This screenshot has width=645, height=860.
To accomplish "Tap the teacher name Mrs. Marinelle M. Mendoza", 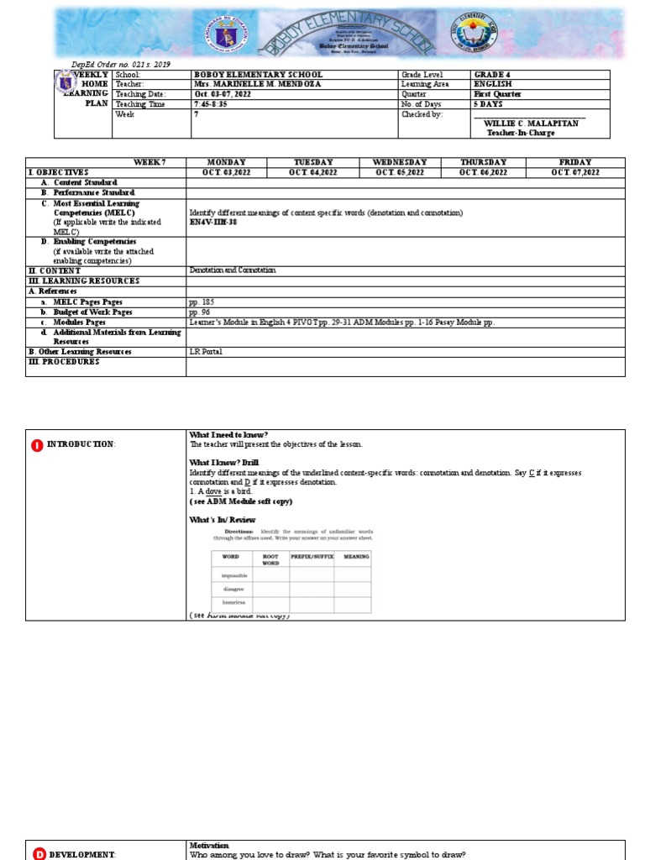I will point(257,85).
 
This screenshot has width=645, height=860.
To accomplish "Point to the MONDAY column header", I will point(226,162).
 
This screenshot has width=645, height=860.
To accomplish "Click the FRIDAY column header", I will point(575,162).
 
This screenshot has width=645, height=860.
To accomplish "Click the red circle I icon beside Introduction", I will point(37,444).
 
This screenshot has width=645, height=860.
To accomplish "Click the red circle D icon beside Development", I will point(39,853).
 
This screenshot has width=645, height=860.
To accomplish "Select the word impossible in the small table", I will point(234,575).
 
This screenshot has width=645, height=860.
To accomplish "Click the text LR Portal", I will point(206,351).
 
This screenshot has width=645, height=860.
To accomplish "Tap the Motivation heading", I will point(210,845).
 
